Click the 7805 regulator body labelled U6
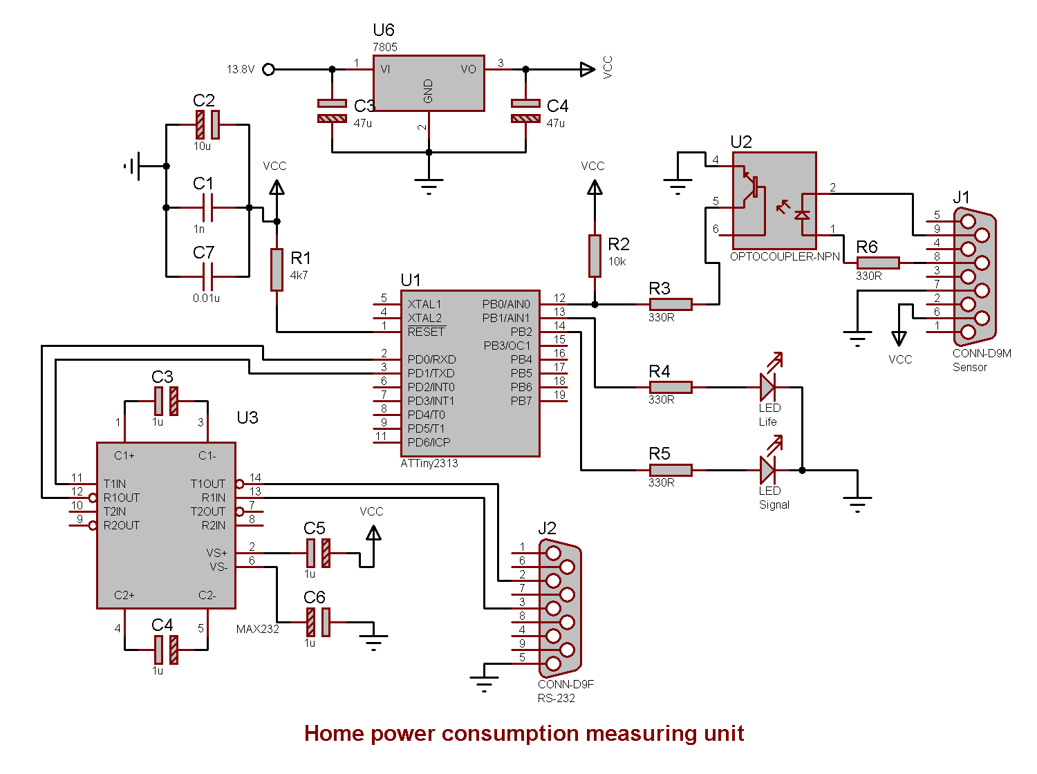click(x=429, y=83)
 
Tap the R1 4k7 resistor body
click(x=277, y=270)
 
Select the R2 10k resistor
click(x=595, y=256)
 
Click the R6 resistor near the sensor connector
click(x=878, y=263)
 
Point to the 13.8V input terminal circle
click(x=269, y=69)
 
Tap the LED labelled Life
click(x=768, y=387)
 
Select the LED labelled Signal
click(x=768, y=470)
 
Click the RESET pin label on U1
click(x=426, y=332)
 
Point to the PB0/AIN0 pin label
click(x=506, y=304)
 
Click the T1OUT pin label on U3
click(x=208, y=484)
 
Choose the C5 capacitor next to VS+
click(x=318, y=553)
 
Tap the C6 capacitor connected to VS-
click(x=318, y=622)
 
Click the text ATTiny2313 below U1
click(x=429, y=463)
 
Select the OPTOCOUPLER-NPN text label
click(x=785, y=256)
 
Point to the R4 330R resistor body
click(x=671, y=387)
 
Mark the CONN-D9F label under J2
click(x=566, y=684)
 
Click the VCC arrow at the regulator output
click(x=587, y=69)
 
